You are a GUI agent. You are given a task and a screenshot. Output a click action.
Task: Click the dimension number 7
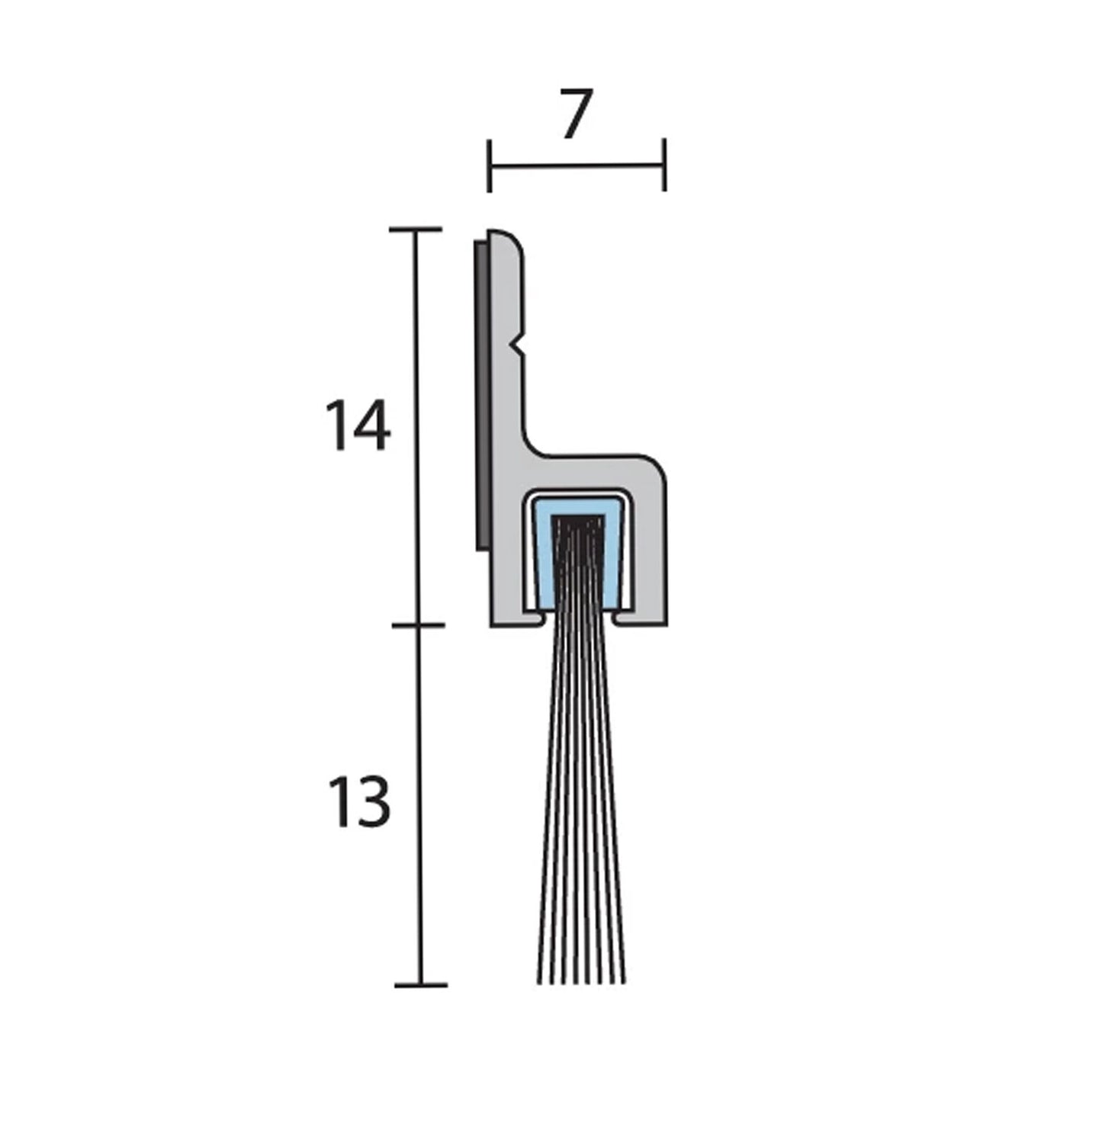(576, 115)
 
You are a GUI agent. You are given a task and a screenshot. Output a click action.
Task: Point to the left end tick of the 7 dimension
(489, 165)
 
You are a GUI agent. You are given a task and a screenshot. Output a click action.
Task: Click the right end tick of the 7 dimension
(665, 165)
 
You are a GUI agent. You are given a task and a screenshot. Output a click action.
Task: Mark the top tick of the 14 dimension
(416, 229)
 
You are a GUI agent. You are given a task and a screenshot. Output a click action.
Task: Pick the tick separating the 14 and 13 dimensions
(418, 625)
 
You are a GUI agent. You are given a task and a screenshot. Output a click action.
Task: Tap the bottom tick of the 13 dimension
(420, 984)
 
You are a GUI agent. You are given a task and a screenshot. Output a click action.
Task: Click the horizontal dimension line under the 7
(577, 165)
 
